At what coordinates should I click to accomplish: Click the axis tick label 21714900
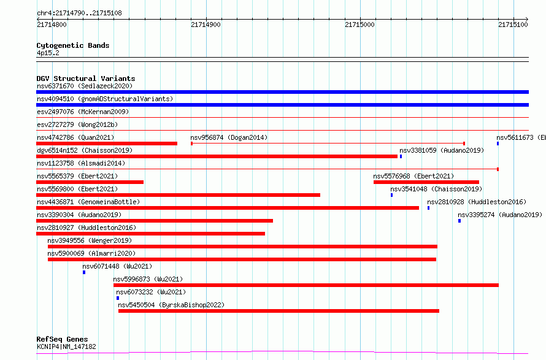pyautogui.click(x=206, y=25)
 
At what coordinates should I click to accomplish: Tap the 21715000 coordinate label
pyautogui.click(x=360, y=25)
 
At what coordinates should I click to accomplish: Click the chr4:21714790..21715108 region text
pyautogui.click(x=79, y=13)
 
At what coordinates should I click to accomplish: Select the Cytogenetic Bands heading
pyautogui.click(x=73, y=45)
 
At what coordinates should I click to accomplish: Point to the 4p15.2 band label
pyautogui.click(x=48, y=53)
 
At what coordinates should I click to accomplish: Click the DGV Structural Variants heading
pyautogui.click(x=86, y=79)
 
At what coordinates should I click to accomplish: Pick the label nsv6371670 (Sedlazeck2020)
pyautogui.click(x=85, y=86)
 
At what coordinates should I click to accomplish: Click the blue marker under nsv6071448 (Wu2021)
pyautogui.click(x=84, y=272)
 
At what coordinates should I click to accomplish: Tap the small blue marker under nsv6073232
pyautogui.click(x=118, y=298)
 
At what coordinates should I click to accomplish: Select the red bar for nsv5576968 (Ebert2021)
pyautogui.click(x=426, y=182)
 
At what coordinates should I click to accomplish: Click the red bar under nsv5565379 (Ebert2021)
pyautogui.click(x=90, y=182)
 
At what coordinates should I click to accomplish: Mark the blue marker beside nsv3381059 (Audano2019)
pyautogui.click(x=401, y=156)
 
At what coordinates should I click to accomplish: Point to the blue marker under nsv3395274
pyautogui.click(x=459, y=221)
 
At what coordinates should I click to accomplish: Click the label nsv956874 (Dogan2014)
pyautogui.click(x=229, y=137)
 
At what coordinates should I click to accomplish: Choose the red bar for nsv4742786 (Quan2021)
pyautogui.click(x=107, y=144)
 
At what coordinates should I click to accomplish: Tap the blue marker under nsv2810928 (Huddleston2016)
pyautogui.click(x=428, y=208)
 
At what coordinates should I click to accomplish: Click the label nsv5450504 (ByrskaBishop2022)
pyautogui.click(x=171, y=305)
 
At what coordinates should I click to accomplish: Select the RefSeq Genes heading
pyautogui.click(x=63, y=339)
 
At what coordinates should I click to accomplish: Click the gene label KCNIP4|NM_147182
pyautogui.click(x=66, y=347)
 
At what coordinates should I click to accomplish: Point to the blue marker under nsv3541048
pyautogui.click(x=392, y=195)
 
